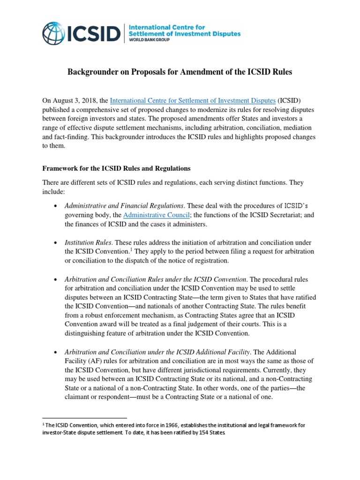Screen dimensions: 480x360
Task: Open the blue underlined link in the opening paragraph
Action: click(x=192, y=100)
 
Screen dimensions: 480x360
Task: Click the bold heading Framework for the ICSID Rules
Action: click(x=116, y=168)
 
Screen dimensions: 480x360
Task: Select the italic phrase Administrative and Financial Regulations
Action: click(x=124, y=205)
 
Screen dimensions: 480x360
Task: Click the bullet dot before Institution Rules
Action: click(x=56, y=242)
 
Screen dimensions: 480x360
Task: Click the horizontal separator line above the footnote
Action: click(x=85, y=418)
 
